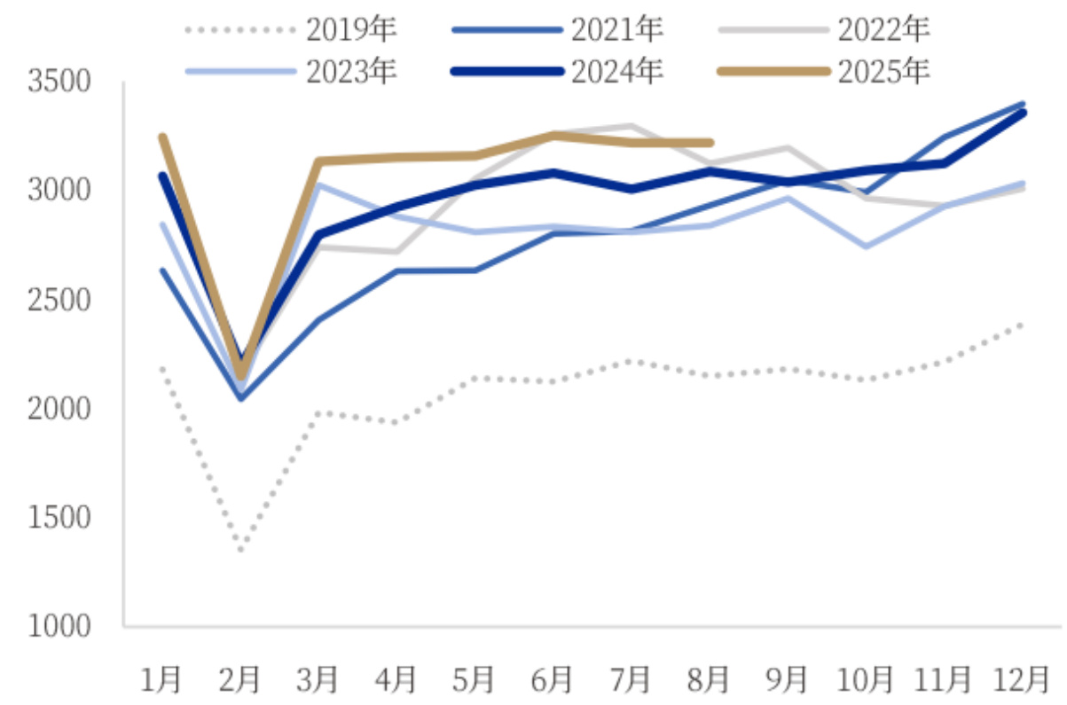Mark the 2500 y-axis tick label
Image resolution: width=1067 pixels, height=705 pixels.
click(60, 300)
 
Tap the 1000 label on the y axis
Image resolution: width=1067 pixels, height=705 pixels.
click(60, 626)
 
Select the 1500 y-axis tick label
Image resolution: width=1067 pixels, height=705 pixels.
click(60, 517)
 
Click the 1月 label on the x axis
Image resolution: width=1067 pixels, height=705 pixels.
click(162, 680)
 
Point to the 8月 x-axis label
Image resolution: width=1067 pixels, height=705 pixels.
click(708, 680)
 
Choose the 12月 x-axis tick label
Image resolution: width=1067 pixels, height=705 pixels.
click(1021, 680)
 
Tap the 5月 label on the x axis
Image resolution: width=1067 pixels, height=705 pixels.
click(474, 680)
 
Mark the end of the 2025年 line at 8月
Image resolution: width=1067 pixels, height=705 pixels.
click(710, 142)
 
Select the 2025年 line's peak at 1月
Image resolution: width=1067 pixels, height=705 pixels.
click(162, 137)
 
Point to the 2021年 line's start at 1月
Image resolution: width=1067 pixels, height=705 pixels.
click(162, 270)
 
